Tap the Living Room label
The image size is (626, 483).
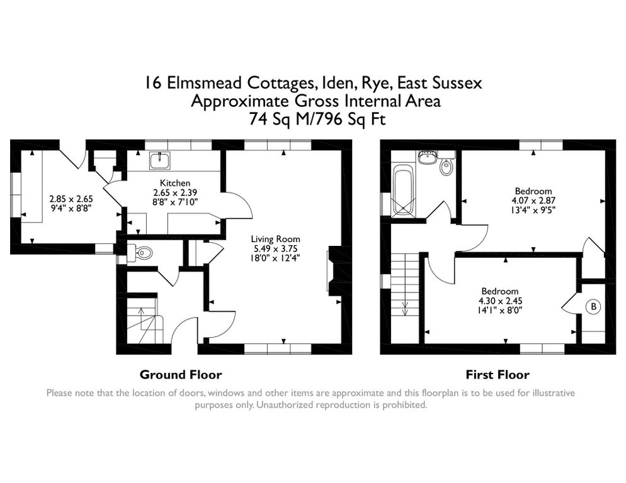[x=275, y=239]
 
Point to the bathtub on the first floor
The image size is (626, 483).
[x=403, y=190]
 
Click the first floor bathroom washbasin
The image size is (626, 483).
[x=428, y=157]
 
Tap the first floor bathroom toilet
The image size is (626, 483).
[x=447, y=167]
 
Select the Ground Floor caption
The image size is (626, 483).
[x=181, y=375]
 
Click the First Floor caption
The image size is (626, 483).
[x=498, y=375]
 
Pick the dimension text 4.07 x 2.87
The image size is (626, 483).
[x=533, y=201]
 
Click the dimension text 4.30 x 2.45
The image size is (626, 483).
[x=500, y=301]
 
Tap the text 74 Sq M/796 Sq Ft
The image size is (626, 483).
[x=314, y=118]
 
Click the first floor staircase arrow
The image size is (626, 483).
[x=405, y=307]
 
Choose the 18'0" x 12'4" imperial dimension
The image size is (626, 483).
[x=275, y=257]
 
